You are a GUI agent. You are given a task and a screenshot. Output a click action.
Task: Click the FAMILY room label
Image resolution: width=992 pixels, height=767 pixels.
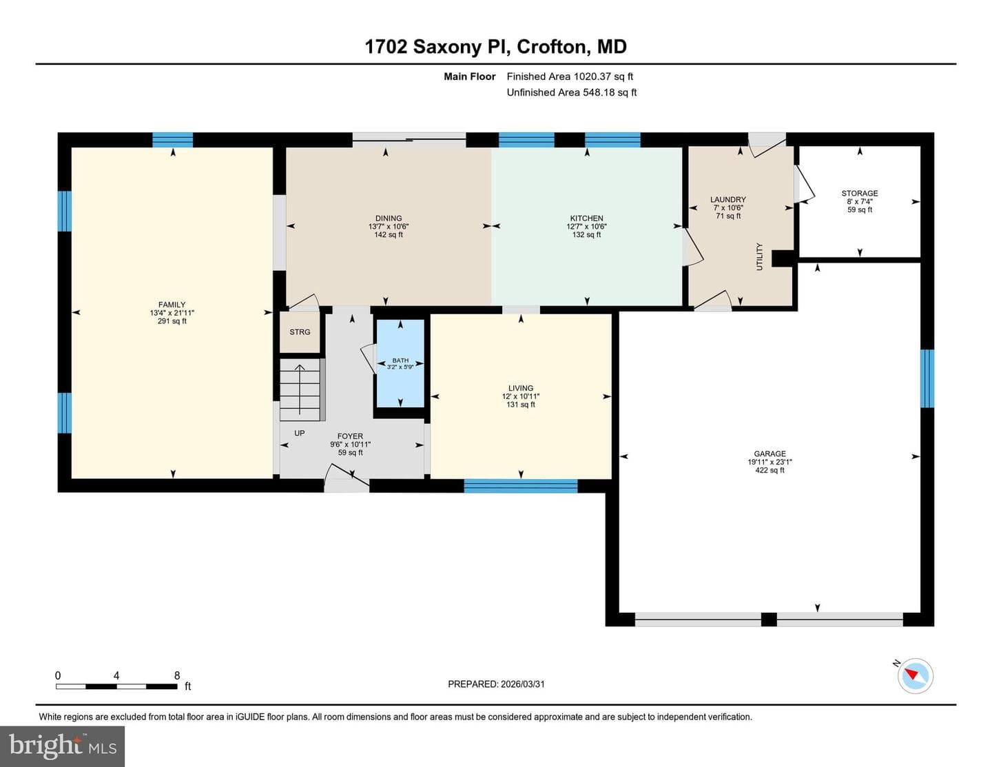point(172,305)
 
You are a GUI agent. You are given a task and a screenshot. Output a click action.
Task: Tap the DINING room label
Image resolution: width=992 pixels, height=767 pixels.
point(389,218)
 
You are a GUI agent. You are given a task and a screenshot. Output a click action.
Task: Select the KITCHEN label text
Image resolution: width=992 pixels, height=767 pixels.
point(587,218)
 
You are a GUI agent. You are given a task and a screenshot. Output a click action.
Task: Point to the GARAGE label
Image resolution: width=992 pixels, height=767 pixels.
point(769,454)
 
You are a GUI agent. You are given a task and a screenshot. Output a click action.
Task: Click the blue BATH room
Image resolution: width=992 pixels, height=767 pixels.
point(400,363)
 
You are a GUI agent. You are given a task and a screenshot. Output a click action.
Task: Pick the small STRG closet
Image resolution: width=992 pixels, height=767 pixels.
point(300,332)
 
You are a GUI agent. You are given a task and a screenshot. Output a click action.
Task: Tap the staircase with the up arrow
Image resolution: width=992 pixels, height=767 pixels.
point(300,390)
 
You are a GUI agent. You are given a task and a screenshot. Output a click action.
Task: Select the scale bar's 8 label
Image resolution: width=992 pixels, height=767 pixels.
point(177,675)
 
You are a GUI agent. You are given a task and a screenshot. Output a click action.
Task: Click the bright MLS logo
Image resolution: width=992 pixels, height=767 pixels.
point(63,746)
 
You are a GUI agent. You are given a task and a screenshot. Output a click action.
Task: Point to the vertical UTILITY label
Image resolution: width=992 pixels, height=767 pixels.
point(760,256)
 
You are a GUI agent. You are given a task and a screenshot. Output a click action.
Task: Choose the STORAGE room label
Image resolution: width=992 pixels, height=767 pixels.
point(860,193)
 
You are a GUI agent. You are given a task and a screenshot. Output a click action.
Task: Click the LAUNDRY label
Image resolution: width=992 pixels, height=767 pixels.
point(728,200)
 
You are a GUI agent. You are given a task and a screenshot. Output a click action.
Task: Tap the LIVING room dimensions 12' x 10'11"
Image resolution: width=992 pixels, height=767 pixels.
point(521,396)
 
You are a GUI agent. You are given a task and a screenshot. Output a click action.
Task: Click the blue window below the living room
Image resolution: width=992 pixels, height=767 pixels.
point(521,486)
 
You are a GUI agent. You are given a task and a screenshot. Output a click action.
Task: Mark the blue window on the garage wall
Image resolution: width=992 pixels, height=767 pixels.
point(927,378)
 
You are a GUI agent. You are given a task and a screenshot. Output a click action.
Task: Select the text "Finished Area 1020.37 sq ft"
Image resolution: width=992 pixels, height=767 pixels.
point(570,76)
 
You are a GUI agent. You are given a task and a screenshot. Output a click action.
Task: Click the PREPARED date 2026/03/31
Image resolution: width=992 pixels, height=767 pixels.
point(523,684)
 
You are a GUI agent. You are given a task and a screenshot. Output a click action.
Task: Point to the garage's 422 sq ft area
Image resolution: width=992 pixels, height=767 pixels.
point(769,470)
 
